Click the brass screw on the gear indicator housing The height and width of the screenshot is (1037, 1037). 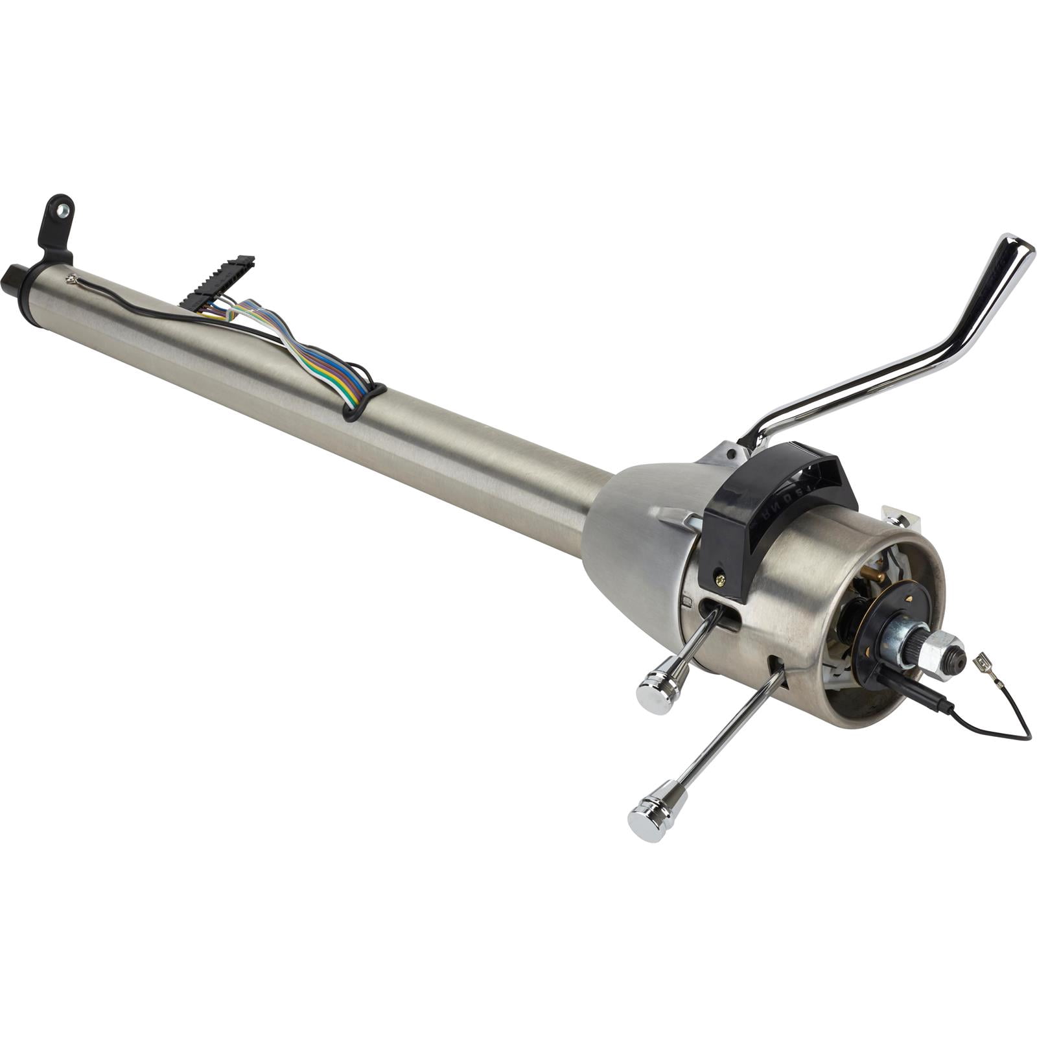tap(718, 574)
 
